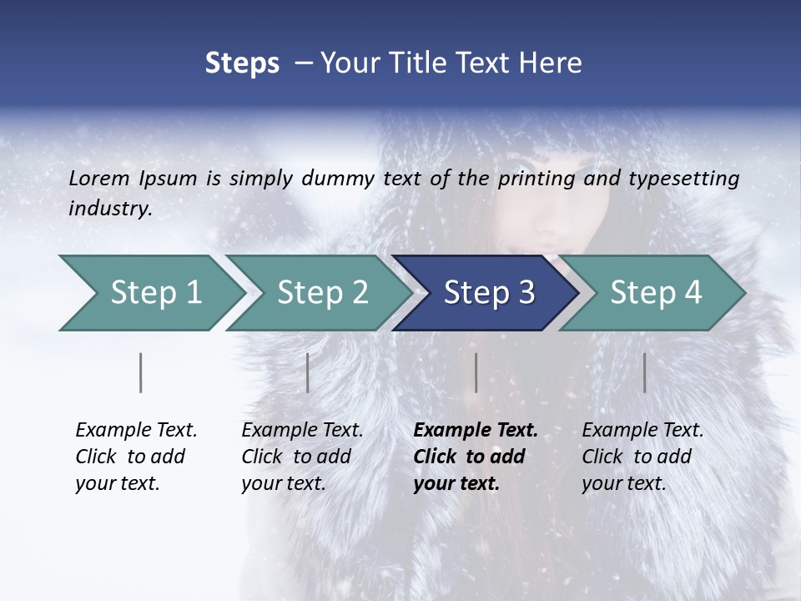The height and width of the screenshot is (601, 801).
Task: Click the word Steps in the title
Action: (x=242, y=63)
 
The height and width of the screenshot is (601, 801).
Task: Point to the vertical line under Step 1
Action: (x=141, y=372)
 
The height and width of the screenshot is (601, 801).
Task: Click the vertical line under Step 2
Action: (x=308, y=372)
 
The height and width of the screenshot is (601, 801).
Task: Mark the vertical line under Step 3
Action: (x=476, y=372)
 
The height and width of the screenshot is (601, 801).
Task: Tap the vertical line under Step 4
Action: (x=645, y=372)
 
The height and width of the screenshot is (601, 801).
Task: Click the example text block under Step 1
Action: (x=136, y=457)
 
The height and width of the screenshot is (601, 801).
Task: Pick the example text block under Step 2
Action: (x=302, y=457)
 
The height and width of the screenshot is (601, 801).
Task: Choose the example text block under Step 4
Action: (x=642, y=457)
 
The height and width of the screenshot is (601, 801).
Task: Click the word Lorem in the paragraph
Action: (x=99, y=178)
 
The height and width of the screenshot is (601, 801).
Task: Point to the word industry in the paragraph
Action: (x=110, y=209)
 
